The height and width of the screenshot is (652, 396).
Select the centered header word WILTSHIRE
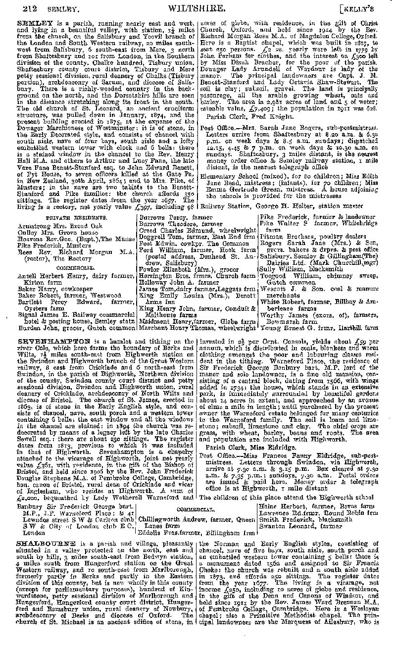pyautogui.click(x=198, y=7)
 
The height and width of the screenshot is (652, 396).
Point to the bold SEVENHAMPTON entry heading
pyautogui.click(x=54, y=341)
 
